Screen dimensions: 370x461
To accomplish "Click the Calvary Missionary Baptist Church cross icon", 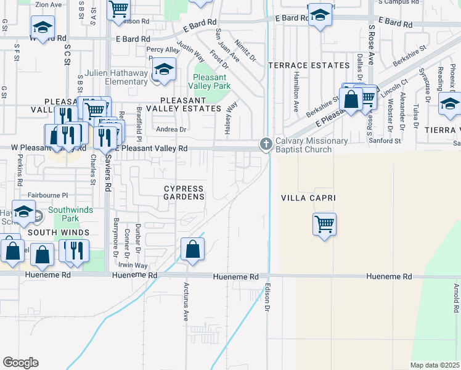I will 266,144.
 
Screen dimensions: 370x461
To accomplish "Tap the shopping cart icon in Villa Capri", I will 324,223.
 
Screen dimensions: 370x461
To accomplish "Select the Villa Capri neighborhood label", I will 303,199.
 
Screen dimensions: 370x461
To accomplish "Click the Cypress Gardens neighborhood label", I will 184,192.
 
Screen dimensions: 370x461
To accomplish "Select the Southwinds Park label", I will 70,214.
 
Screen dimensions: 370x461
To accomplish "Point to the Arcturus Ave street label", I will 185,302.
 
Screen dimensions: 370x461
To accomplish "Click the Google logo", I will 20,363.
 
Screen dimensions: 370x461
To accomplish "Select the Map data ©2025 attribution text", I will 435,365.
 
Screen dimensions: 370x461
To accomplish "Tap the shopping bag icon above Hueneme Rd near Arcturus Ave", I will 192,250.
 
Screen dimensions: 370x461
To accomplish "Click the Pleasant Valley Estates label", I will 190,104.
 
